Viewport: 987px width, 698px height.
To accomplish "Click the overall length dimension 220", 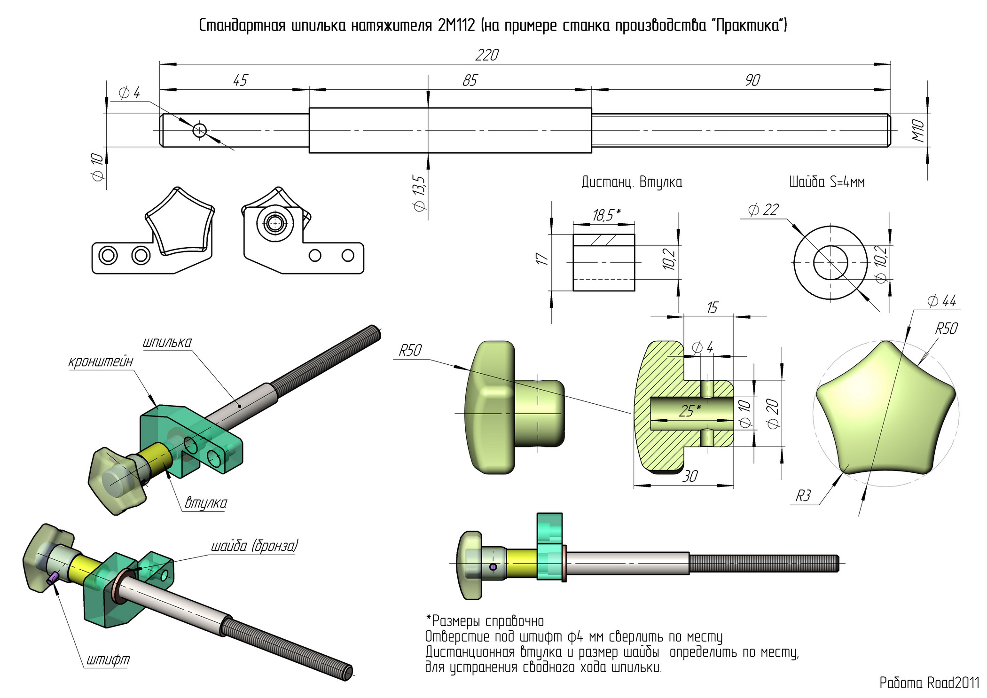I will [x=486, y=55].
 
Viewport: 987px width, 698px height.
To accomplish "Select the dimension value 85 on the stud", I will [x=470, y=81].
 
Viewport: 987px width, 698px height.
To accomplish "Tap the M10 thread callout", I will [x=918, y=131].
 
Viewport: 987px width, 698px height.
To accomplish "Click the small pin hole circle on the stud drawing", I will [x=199, y=130].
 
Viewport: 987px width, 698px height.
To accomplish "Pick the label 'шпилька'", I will [x=167, y=342].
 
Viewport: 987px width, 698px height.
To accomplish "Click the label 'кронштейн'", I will [x=101, y=361].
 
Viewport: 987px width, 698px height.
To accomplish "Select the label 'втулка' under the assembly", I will [x=205, y=502].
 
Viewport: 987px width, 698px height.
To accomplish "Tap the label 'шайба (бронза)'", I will [x=254, y=546].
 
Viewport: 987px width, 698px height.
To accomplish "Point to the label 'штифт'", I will [x=108, y=659].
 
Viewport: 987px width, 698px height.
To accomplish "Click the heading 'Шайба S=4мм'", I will [x=827, y=182].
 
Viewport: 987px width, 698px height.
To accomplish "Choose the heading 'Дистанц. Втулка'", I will [x=632, y=182].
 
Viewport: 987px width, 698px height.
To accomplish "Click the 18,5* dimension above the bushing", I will [x=606, y=215].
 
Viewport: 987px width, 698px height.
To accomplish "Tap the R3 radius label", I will [x=803, y=496].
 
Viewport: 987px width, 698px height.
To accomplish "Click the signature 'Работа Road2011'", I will [x=929, y=683].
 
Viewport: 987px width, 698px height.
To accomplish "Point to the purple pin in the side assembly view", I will [x=493, y=567].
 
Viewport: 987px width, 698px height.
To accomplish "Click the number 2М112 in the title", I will [x=456, y=25].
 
